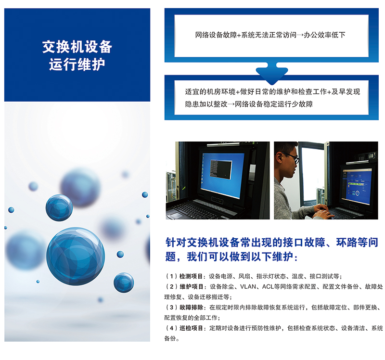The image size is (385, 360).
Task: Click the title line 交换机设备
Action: (x=77, y=47)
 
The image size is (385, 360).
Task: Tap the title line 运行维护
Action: (x=77, y=64)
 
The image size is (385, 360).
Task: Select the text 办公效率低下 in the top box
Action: (x=324, y=35)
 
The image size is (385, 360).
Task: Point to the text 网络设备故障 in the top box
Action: (x=216, y=35)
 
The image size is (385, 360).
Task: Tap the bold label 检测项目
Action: (x=191, y=276)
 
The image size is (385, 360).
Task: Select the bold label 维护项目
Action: (x=191, y=286)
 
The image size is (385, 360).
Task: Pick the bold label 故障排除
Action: (x=191, y=307)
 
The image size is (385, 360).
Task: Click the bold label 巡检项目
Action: (x=191, y=328)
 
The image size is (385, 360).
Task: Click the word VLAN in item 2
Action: (x=248, y=286)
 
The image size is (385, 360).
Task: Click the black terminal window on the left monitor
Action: (x=221, y=168)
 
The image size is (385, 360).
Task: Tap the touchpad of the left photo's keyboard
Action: (x=175, y=216)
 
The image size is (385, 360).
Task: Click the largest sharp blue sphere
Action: (x=76, y=256)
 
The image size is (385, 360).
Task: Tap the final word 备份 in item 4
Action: (x=170, y=338)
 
